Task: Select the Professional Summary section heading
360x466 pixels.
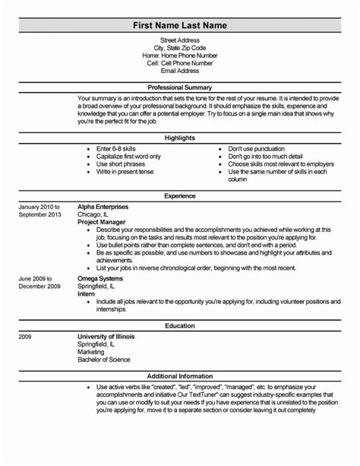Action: [179, 88]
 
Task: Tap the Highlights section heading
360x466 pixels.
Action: [179, 138]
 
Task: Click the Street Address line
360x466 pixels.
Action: [179, 40]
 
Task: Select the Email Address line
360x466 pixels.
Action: [179, 71]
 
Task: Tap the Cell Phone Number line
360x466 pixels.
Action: [179, 63]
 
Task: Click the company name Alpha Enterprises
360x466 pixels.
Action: [103, 206]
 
